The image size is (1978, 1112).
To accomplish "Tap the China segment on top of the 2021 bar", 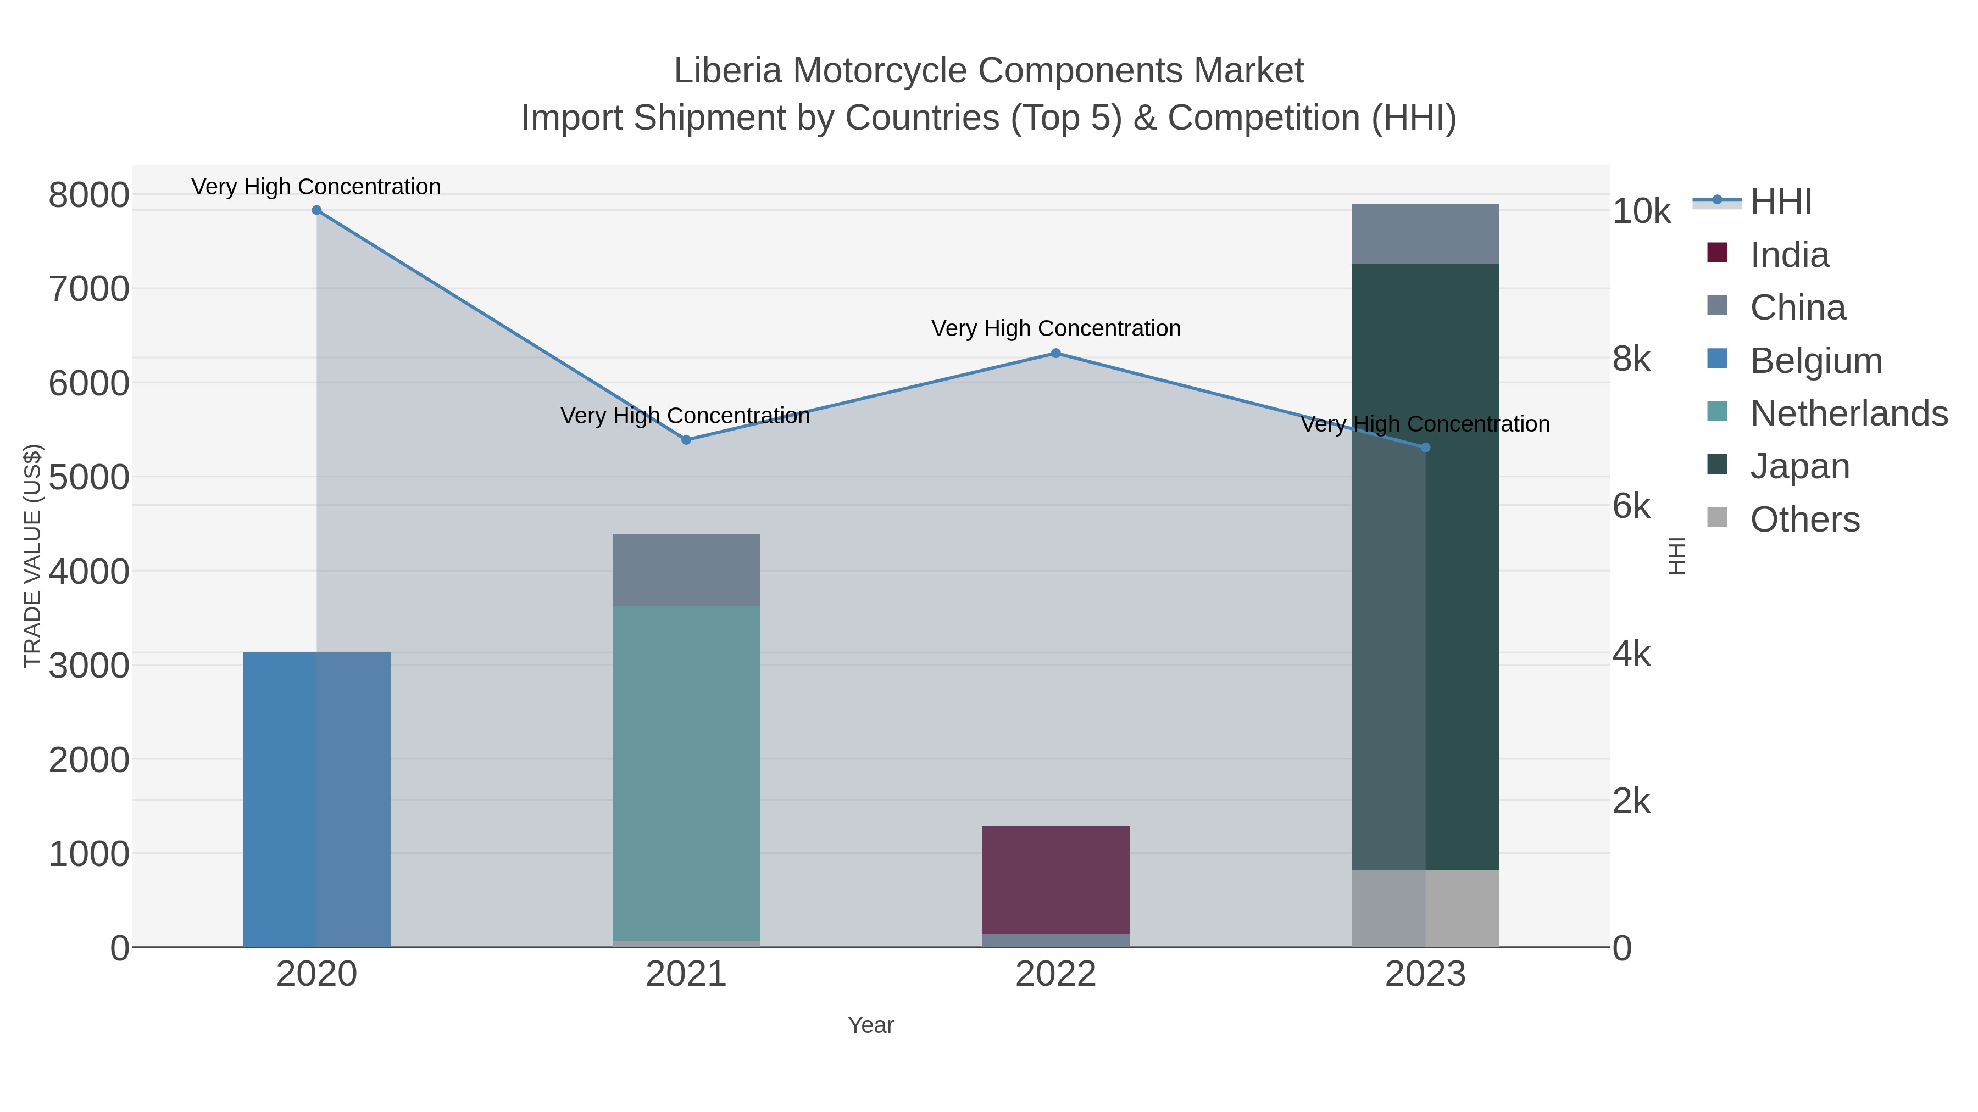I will (x=686, y=569).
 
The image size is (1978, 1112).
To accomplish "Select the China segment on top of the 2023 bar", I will (x=1425, y=233).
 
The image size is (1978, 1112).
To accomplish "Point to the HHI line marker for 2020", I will (x=316, y=210).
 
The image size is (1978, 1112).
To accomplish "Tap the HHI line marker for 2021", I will (x=686, y=440).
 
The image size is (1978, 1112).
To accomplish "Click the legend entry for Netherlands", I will (x=1848, y=413).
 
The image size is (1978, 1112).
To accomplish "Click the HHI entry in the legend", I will (x=1781, y=202).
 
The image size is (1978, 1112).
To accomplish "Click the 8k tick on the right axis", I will (x=1632, y=359).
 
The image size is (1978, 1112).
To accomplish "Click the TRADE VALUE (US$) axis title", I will (x=33, y=556).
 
